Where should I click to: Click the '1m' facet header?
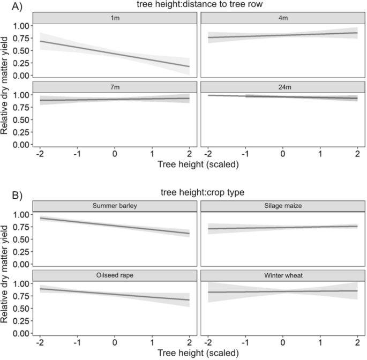114,19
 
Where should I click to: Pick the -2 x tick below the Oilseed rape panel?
40,341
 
